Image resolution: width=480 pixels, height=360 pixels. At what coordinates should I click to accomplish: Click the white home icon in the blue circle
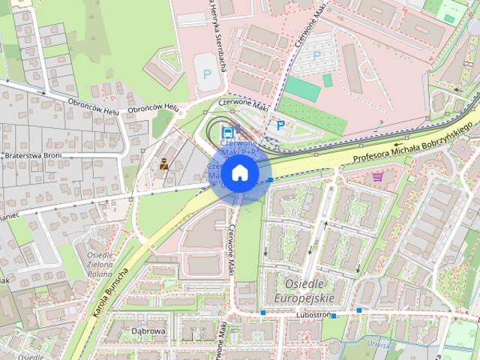coord(239,173)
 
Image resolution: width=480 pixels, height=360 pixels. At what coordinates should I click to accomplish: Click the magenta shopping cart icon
coord(378,176)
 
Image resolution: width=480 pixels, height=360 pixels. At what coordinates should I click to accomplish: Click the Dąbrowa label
coord(147,330)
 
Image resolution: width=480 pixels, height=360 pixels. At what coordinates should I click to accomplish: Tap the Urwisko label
coord(382,344)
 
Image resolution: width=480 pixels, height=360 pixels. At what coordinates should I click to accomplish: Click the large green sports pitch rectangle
coord(302,90)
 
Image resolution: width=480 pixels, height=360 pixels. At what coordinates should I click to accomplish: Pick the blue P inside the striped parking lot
coord(316,55)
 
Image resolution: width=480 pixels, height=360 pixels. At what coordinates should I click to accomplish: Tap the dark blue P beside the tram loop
coord(281,126)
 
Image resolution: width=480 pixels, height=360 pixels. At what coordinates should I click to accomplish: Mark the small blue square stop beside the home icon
coord(269,180)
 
